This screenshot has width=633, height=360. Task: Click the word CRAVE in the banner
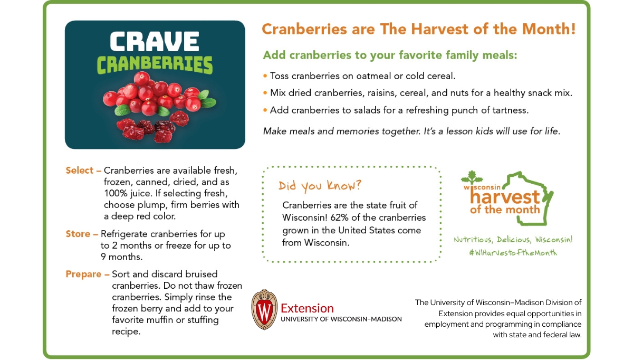[x=154, y=41]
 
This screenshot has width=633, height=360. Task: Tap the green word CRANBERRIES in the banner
[x=155, y=65]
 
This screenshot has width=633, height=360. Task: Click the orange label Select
[x=80, y=170]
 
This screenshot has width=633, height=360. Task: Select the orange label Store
[x=78, y=234]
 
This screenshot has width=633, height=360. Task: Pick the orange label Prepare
[x=83, y=274]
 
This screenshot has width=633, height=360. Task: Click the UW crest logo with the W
[x=264, y=309]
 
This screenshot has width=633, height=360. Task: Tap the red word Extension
[x=307, y=308]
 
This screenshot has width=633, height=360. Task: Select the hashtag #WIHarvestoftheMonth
[x=513, y=252]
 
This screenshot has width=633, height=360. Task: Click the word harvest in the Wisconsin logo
[x=505, y=197]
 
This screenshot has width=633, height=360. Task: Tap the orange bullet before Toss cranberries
[x=265, y=76]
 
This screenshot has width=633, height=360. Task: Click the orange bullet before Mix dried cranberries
[x=265, y=93]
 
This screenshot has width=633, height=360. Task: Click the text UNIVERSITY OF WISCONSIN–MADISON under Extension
[x=341, y=319]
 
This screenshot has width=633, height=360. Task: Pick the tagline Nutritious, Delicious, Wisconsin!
[x=513, y=240]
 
